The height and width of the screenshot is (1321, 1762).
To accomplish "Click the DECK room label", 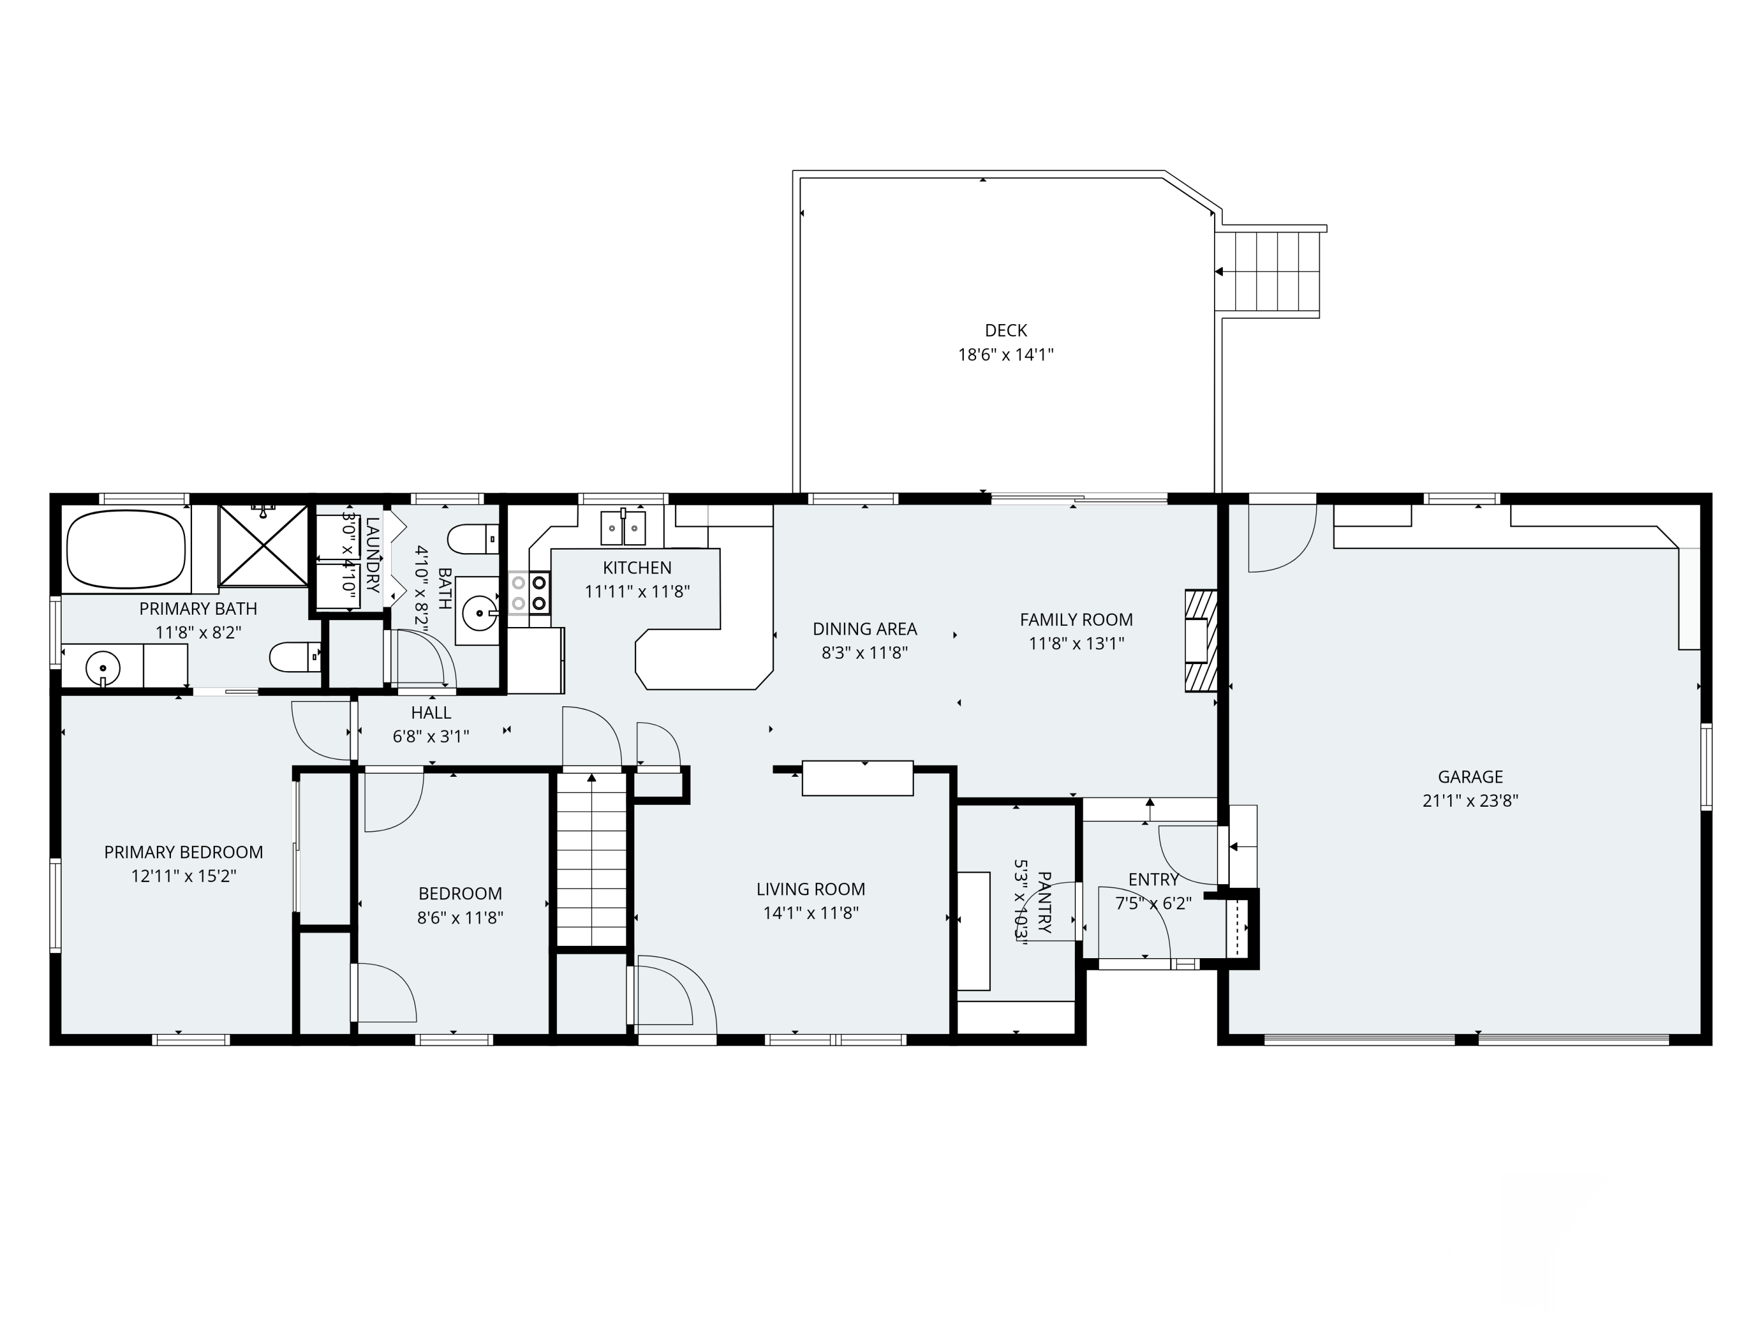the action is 1006,331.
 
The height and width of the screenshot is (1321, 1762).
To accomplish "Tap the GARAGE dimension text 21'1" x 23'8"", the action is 1471,801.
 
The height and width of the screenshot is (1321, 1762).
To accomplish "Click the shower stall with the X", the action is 264,545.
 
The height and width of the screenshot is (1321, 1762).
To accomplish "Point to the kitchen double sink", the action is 623,528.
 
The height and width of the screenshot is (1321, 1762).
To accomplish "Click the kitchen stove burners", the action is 530,593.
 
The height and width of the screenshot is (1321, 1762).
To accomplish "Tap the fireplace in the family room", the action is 1201,641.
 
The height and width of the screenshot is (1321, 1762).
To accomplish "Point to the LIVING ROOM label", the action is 811,889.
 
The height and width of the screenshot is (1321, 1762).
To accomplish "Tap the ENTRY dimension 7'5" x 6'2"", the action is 1154,904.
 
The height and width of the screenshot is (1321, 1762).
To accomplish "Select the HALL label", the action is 431,713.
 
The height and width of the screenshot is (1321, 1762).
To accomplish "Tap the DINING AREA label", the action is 865,629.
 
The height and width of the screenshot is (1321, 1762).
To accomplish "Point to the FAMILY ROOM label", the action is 1076,619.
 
